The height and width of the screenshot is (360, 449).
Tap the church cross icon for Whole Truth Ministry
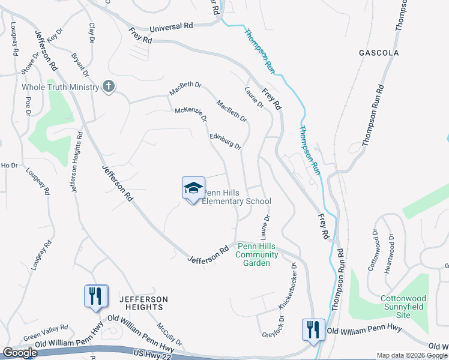[108, 87]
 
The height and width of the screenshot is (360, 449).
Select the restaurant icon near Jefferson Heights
[96, 296]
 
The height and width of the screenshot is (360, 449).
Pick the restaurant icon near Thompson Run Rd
[313, 329]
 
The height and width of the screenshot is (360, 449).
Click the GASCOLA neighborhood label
[379, 53]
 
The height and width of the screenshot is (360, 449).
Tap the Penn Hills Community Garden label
[257, 254]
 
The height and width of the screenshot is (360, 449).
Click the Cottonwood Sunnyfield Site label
[405, 307]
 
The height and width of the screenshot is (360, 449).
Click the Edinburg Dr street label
[226, 141]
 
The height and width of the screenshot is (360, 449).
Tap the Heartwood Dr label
[393, 245]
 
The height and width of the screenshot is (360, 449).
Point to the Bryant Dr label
[80, 65]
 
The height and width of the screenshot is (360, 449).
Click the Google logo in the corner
[19, 353]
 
